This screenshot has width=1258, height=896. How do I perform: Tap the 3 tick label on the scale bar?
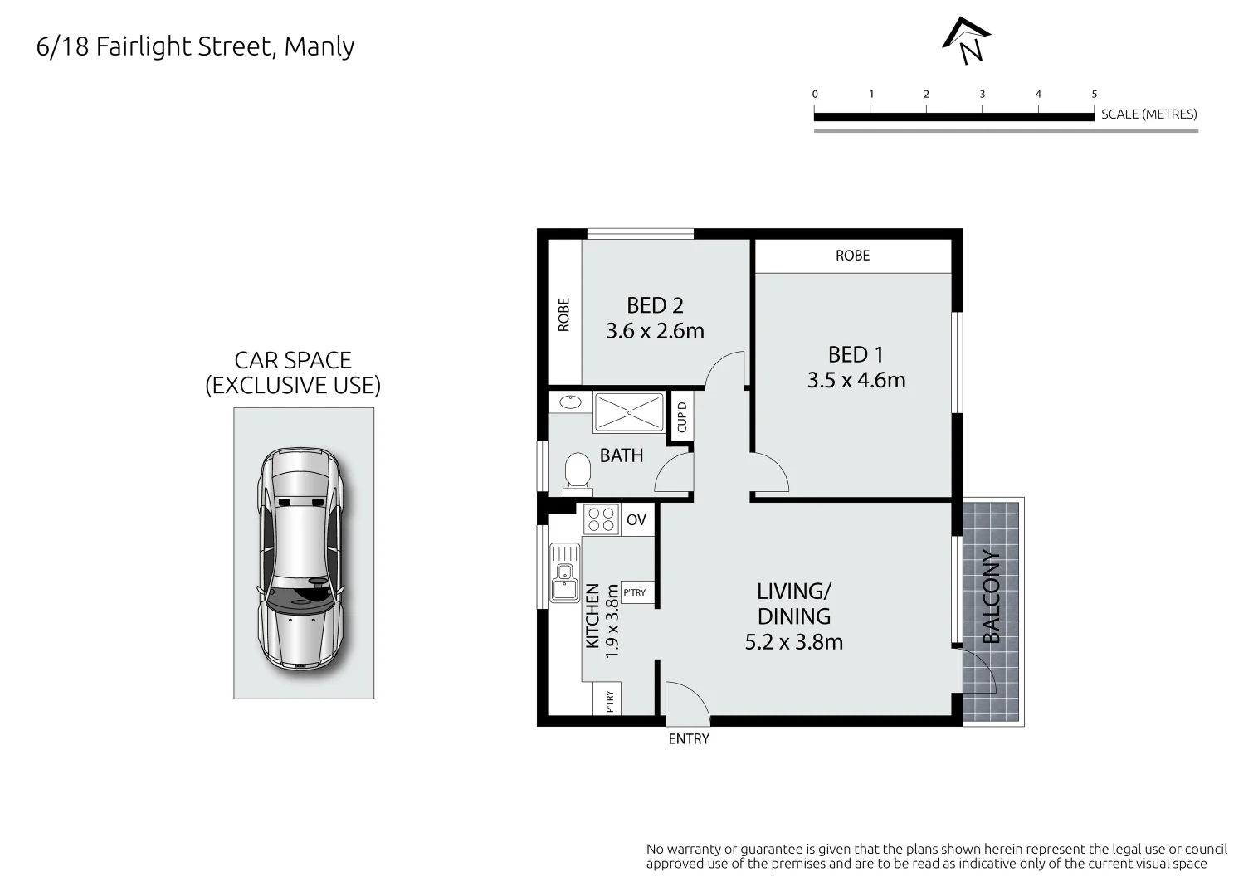982,95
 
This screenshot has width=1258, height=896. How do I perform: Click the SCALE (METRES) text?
1148,114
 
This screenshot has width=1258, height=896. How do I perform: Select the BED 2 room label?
655,305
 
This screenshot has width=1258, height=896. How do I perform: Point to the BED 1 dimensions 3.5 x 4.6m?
856,380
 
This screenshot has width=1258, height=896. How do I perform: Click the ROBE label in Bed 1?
852,256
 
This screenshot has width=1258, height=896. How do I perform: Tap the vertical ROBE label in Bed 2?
564,314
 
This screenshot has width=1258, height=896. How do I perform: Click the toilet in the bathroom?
576,473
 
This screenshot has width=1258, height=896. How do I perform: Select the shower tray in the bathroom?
629,412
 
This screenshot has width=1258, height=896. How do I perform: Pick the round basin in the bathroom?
570,402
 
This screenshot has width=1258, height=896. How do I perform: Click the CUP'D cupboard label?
681,416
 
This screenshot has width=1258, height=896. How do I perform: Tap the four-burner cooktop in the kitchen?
601,519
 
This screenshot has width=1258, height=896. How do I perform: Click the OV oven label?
636,520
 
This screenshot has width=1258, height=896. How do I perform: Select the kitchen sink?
565,572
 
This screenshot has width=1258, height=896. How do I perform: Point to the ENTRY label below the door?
689,738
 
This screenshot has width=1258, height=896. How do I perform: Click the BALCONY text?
992,597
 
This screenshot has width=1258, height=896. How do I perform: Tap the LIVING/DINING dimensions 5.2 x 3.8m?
794,641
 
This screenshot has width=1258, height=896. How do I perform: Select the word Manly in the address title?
319,46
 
